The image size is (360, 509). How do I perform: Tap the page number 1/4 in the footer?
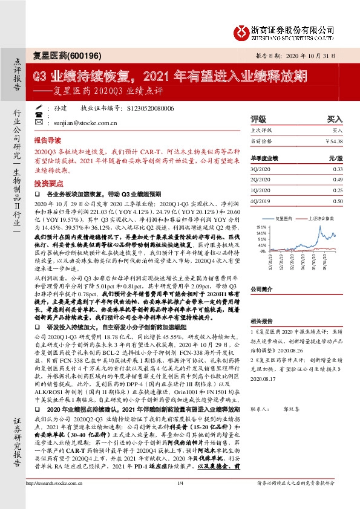click(180, 499)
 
